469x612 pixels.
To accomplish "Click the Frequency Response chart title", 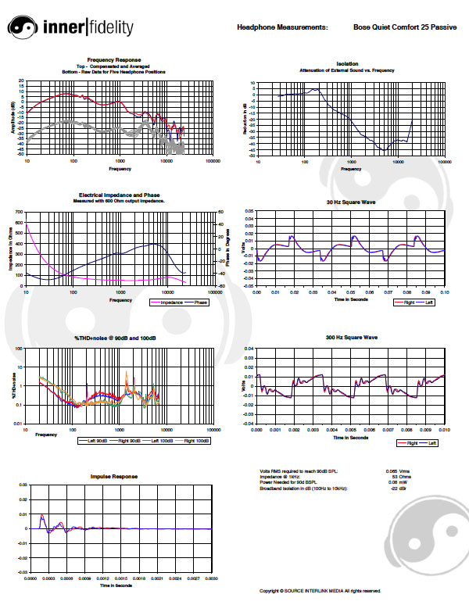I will pos(114,59).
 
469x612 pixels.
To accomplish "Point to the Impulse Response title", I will pos(114,476).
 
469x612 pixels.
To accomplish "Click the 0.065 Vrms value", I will pos(395,471).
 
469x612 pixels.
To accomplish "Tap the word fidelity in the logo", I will pos(106,28).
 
